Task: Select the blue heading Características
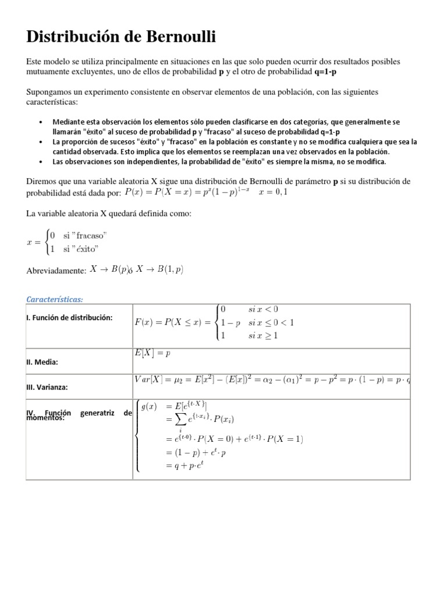point(55,299)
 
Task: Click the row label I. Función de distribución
point(69,317)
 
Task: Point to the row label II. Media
point(42,362)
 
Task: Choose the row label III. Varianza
point(48,386)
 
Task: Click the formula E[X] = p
point(152,353)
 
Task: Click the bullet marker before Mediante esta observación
point(40,122)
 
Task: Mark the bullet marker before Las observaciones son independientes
point(40,162)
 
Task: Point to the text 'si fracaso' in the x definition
point(86,235)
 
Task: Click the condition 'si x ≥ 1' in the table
point(263,335)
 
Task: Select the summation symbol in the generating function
point(174,420)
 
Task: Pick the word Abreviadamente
point(56,271)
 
